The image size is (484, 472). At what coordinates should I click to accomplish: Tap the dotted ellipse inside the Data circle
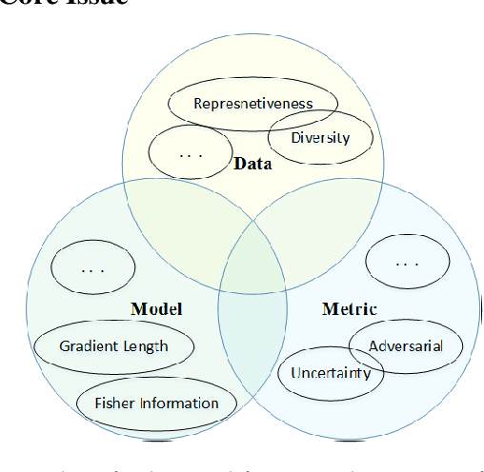(x=191, y=151)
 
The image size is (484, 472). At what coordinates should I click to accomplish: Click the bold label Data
(x=252, y=164)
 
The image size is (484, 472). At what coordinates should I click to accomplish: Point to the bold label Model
(x=156, y=309)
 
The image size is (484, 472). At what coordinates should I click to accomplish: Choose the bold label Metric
(x=350, y=309)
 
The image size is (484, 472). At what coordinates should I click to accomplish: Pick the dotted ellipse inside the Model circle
(x=92, y=269)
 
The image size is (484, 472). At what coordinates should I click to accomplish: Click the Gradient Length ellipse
(x=113, y=346)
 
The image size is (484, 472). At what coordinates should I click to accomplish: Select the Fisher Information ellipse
(x=156, y=403)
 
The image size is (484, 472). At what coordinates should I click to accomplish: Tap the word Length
(x=146, y=346)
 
